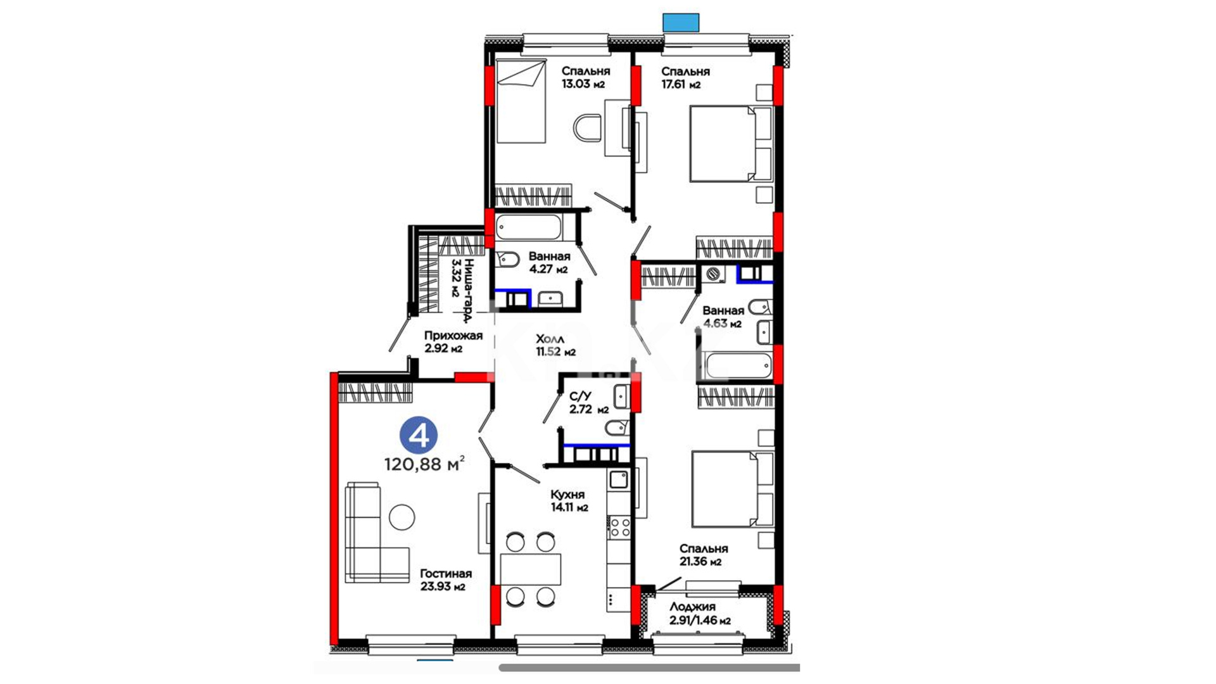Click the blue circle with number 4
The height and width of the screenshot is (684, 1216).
pos(419,435)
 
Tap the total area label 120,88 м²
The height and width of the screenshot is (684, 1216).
pos(424,464)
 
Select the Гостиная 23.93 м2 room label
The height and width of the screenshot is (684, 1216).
pos(446,579)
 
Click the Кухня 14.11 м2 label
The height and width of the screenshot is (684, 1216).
pos(568,500)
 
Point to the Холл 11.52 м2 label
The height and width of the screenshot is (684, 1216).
pos(555,345)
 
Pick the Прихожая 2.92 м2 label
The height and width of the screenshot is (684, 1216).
pos(453,342)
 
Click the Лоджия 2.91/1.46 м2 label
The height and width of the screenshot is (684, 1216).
pos(700,614)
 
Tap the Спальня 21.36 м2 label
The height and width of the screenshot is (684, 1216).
pos(703,555)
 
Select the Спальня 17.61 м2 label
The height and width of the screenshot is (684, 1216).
pos(685,78)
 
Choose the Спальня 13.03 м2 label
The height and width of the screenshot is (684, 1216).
pos(585,77)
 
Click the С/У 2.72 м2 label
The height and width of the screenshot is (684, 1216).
pos(589,403)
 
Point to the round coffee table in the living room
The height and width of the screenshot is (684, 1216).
pos(402,517)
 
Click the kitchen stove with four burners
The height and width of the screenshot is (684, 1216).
pos(619,528)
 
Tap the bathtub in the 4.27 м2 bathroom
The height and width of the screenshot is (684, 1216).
pos(528,227)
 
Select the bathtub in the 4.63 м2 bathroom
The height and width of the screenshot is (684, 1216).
pos(738,365)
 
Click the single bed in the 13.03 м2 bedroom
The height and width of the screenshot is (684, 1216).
pos(521,101)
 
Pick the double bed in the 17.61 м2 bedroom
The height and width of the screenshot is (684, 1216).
pos(731,144)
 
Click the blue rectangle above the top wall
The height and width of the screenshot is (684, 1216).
pos(681,23)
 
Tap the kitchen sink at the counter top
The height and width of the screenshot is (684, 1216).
pos(618,479)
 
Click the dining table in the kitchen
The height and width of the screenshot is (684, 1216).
pos(531,569)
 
